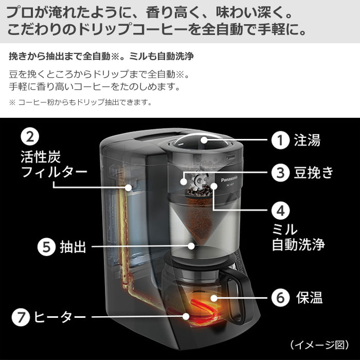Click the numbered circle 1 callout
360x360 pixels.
pos(280,140)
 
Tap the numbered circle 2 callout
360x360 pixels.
pos(30,137)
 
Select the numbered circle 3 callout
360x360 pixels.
pos(280,173)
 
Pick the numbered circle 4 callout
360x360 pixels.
pos(280,210)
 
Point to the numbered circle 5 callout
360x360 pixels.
pos(46,247)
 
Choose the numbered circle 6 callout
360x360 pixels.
pos(280,297)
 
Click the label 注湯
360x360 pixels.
pos(308,140)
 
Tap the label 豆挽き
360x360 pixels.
pos(314,173)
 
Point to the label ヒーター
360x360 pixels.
pos(59,317)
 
